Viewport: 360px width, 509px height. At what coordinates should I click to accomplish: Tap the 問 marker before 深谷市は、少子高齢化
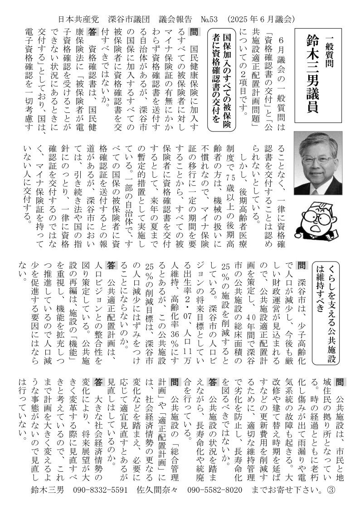tap(300, 265)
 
